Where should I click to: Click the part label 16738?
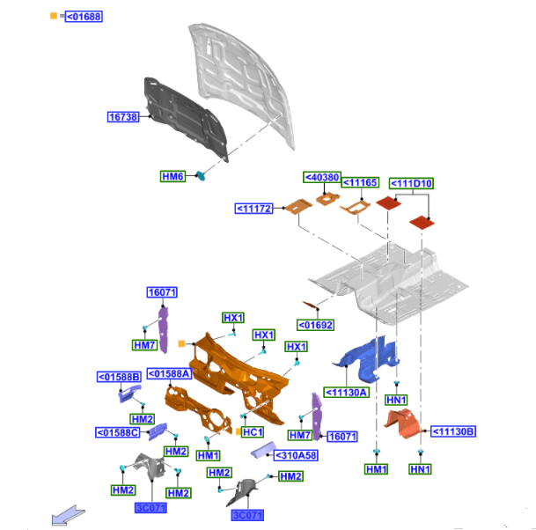click(x=123, y=116)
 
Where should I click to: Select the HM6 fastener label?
click(x=173, y=176)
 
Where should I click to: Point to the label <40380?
click(x=321, y=178)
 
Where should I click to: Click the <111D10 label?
click(x=410, y=183)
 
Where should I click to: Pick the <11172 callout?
click(x=254, y=209)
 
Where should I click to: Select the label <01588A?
click(x=169, y=373)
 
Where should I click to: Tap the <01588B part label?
click(x=119, y=378)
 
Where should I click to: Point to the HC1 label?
click(x=253, y=432)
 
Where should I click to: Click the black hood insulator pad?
click(x=185, y=119)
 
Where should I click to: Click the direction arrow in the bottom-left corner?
click(x=68, y=514)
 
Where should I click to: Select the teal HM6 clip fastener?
click(x=200, y=177)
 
